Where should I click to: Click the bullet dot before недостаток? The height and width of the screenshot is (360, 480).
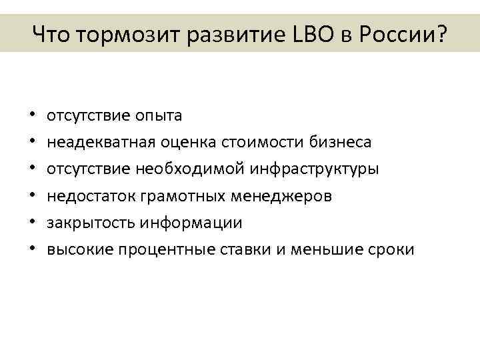[33, 197]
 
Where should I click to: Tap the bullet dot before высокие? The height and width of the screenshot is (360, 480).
[33, 250]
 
